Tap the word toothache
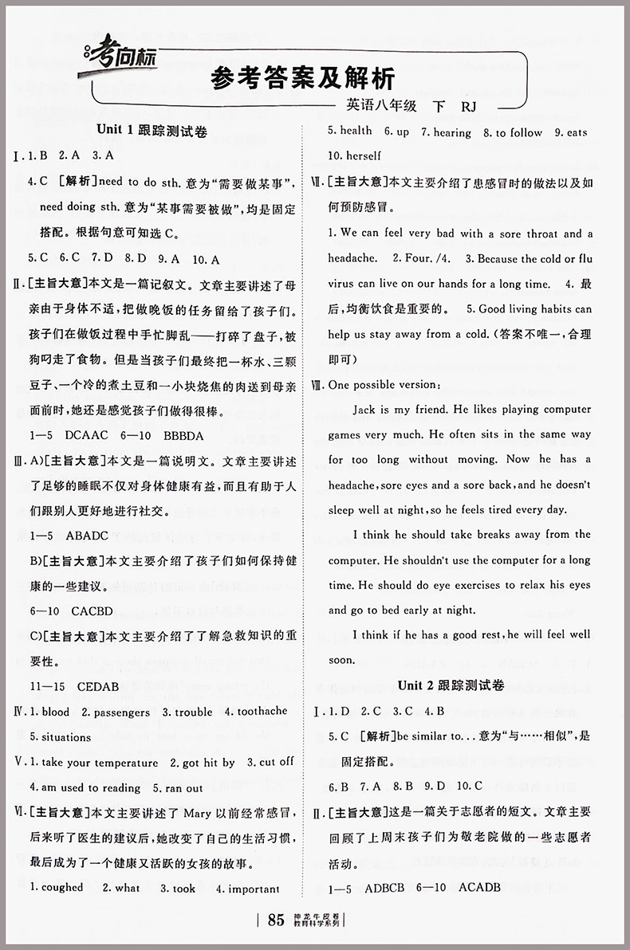tap(256, 711)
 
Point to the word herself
tap(363, 155)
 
